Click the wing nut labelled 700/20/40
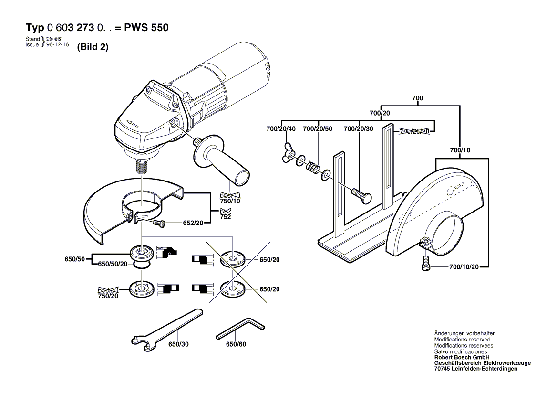tap(289, 153)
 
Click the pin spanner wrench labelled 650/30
tap(167, 327)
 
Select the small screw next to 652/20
tap(159, 222)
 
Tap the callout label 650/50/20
tap(113, 264)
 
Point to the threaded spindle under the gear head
tap(141, 167)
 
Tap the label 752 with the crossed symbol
tap(225, 217)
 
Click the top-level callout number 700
tap(417, 98)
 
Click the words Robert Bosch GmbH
tap(462, 357)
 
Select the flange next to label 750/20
tap(141, 289)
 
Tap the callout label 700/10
tap(460, 150)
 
